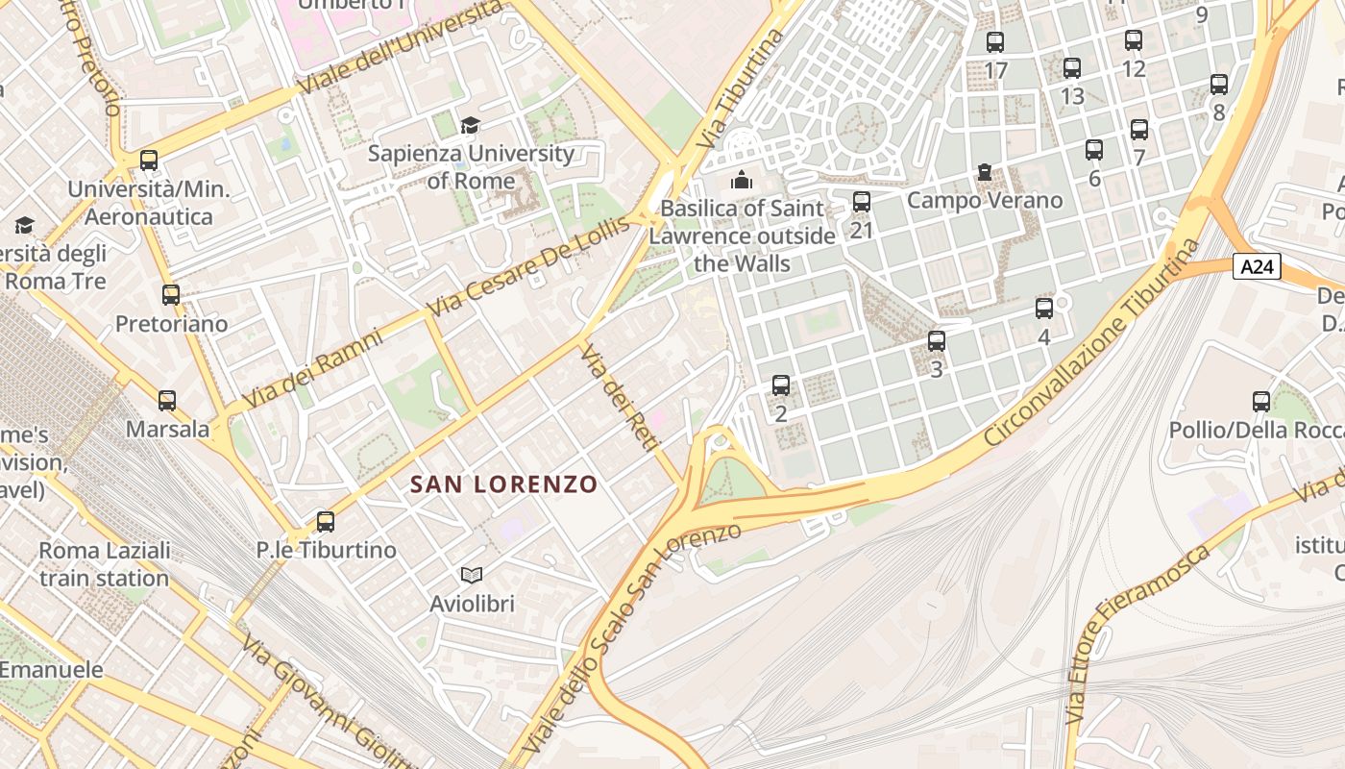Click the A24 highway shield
click(x=1257, y=266)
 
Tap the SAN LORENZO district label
click(x=504, y=484)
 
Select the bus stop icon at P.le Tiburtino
click(x=326, y=522)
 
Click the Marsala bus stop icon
click(x=167, y=401)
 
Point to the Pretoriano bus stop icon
click(x=171, y=295)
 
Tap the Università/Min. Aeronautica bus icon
click(x=149, y=161)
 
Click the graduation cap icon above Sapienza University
click(x=470, y=125)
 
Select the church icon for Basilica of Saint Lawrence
click(x=741, y=180)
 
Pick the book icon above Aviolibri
click(x=471, y=575)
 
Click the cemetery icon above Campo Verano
click(x=985, y=173)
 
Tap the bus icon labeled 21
click(x=862, y=202)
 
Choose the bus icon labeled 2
click(x=781, y=385)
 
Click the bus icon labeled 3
click(x=937, y=341)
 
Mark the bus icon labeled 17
click(x=995, y=42)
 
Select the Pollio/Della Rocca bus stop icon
click(x=1261, y=402)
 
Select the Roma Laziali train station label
click(x=105, y=564)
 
